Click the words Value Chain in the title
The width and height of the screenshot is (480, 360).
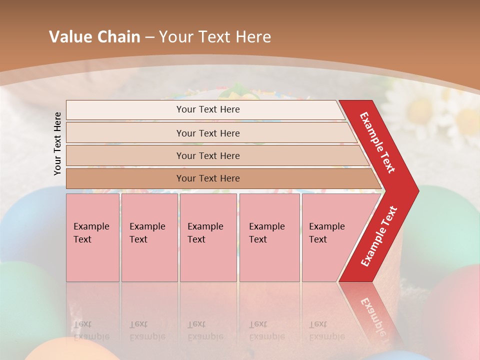[x=94, y=37]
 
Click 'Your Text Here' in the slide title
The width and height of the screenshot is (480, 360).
[x=215, y=37]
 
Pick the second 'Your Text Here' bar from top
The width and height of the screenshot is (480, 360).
[x=208, y=133]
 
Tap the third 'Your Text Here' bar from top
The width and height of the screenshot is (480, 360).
[x=208, y=155]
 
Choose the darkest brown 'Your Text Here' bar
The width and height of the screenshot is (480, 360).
[x=208, y=178]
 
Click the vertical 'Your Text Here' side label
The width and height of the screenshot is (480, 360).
[x=58, y=143]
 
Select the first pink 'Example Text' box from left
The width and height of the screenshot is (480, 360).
[x=92, y=237]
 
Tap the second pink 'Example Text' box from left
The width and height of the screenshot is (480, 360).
[x=149, y=237]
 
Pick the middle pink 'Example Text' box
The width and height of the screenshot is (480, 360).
[x=208, y=237]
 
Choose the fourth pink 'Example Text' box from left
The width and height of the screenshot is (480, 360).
[x=269, y=237]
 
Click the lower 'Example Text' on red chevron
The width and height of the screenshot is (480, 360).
[x=379, y=236]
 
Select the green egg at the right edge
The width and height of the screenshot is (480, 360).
[x=450, y=220]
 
